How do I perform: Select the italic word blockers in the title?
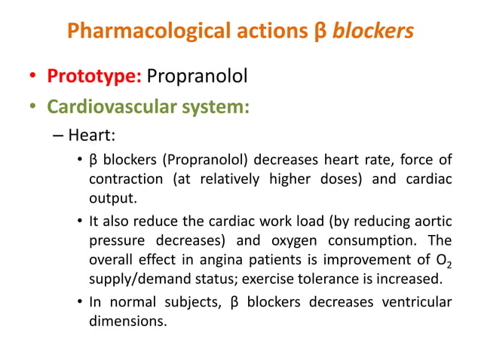[x=373, y=31]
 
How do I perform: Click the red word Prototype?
[x=93, y=78]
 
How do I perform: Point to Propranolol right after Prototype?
[x=197, y=78]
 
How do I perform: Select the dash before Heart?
[x=58, y=136]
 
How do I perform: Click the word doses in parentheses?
[x=344, y=179]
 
